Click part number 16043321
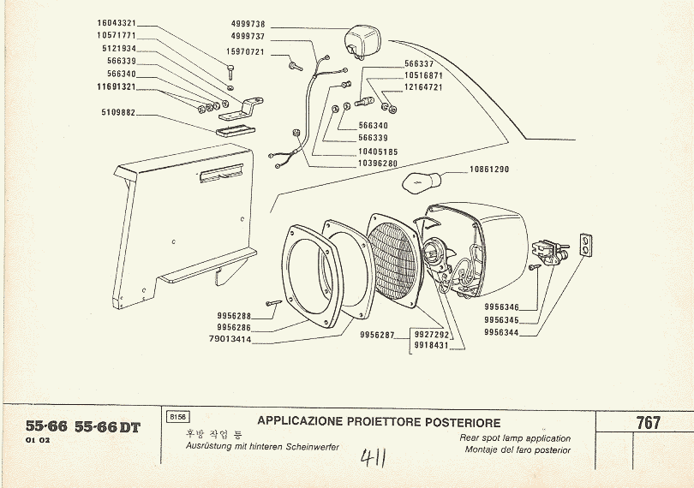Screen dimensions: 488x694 117,23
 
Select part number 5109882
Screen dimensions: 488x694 118,112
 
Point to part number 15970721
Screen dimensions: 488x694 245,53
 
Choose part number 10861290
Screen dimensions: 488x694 488,170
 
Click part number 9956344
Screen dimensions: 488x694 501,334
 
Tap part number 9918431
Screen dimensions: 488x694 431,345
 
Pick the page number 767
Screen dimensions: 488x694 648,423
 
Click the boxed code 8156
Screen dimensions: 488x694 178,417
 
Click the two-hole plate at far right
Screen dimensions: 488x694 585,246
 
